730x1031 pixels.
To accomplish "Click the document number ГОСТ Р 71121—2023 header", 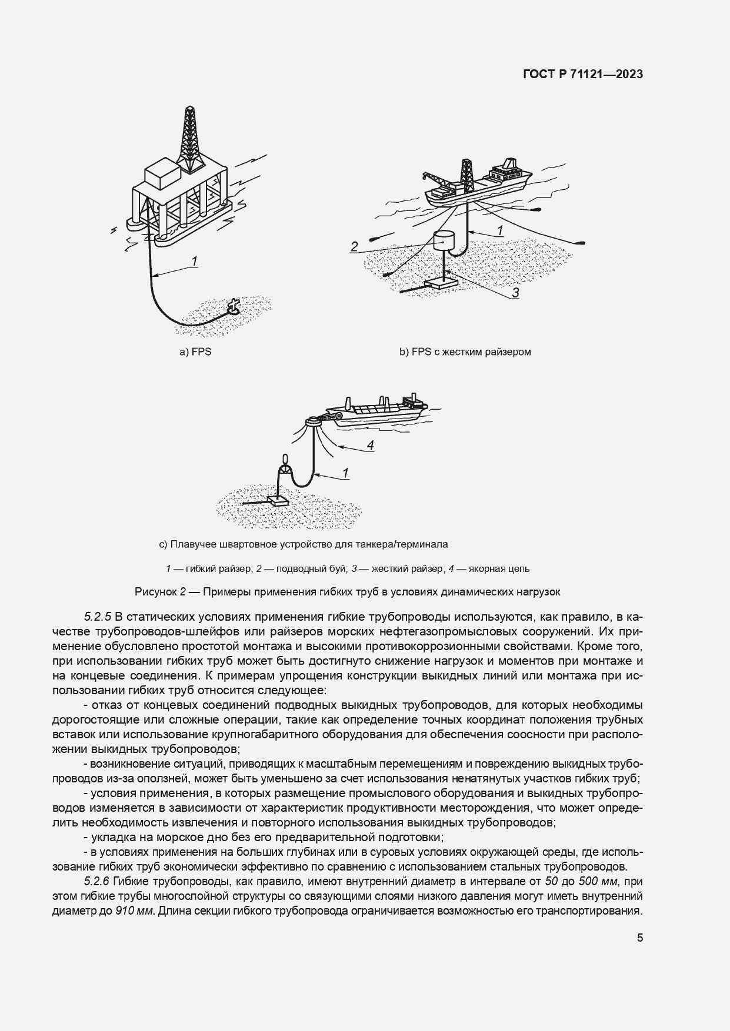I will click(582, 75).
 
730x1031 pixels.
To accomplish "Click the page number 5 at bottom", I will click(640, 938).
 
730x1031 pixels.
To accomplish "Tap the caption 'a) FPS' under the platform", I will click(195, 352).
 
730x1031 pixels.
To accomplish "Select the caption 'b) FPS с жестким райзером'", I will click(465, 352).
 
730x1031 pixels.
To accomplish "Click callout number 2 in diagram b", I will click(354, 246).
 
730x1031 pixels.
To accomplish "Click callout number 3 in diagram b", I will click(515, 292).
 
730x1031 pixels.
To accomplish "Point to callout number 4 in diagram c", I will click(370, 446).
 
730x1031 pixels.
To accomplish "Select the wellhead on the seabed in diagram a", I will click(234, 306).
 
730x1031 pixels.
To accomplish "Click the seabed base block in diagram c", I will click(277, 501).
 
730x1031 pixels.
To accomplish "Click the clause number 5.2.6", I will click(98, 882).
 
